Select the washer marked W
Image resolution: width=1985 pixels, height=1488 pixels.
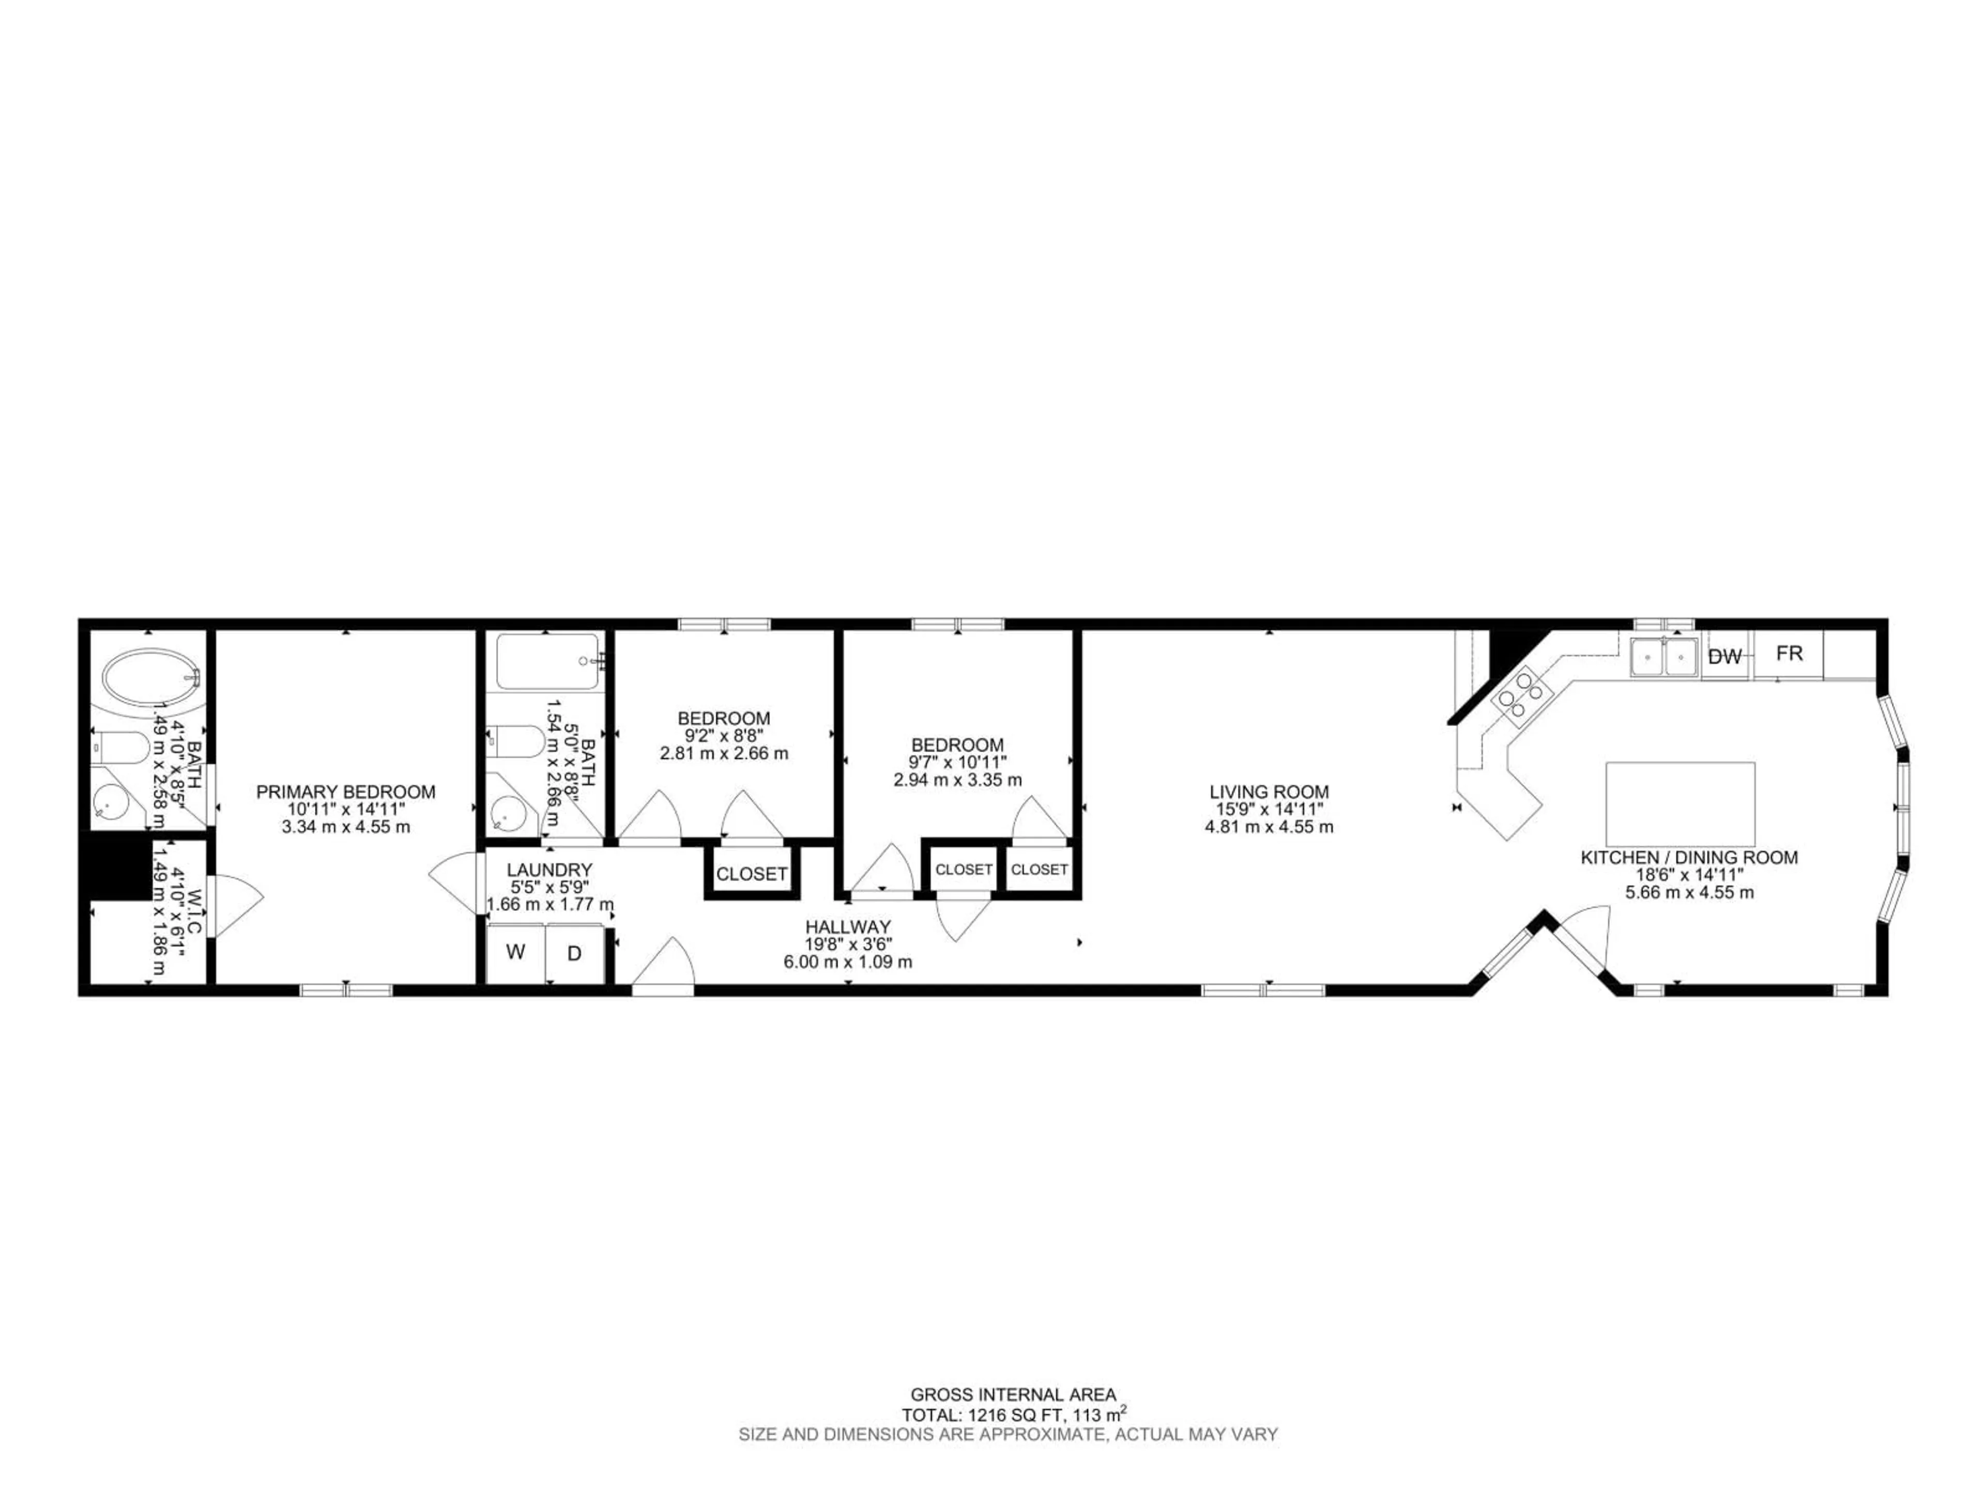pos(515,953)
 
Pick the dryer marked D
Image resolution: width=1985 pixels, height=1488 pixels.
pos(574,953)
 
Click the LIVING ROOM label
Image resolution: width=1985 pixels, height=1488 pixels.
pos(1269,792)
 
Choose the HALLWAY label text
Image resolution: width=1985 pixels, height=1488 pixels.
pos(847,926)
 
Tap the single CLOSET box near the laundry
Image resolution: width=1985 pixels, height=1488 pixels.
pos(751,874)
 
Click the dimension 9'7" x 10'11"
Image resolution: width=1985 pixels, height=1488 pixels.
pos(957,763)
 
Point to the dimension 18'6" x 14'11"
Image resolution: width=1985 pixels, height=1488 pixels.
pos(1689,875)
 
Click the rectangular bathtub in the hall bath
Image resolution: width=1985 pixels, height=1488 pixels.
pos(547,662)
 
